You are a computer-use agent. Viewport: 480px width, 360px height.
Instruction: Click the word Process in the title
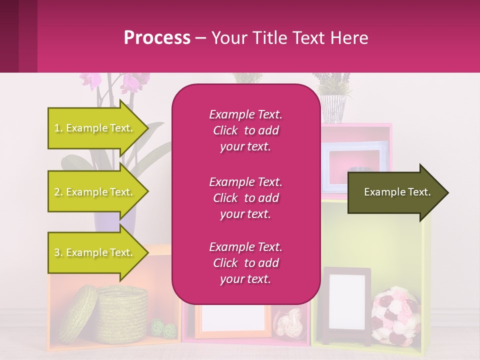[x=157, y=38]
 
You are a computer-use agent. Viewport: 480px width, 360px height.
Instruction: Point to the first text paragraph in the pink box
[x=245, y=130]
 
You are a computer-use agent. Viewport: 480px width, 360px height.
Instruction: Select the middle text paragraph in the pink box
[x=245, y=198]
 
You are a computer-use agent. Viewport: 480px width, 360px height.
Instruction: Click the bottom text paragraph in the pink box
[x=245, y=263]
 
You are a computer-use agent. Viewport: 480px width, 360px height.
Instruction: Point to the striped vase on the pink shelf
[x=332, y=108]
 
